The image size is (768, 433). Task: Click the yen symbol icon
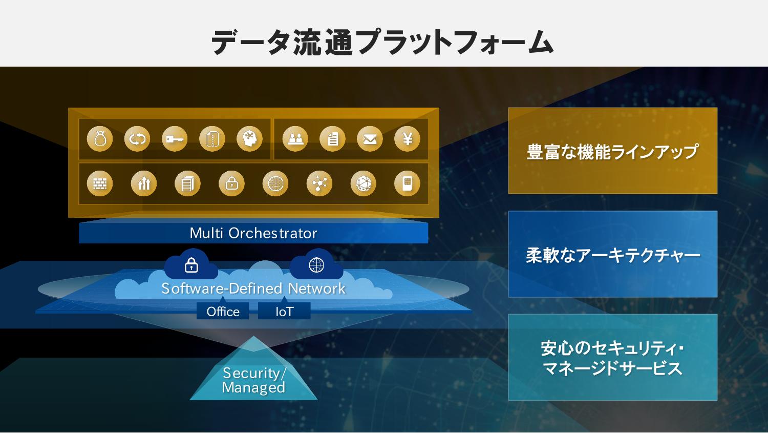(x=408, y=139)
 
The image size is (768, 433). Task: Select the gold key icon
(x=175, y=139)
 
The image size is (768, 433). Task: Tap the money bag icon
(x=100, y=139)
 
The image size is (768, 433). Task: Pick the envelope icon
(x=370, y=139)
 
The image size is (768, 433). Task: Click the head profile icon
(x=250, y=139)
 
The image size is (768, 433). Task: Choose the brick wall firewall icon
(x=100, y=183)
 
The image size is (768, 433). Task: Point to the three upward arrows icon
(x=144, y=183)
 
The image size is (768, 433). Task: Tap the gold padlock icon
(x=232, y=183)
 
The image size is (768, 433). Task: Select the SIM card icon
(x=408, y=183)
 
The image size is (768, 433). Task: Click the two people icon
(x=295, y=139)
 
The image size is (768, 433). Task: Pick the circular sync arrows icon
(x=137, y=139)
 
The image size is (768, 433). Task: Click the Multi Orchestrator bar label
(x=253, y=233)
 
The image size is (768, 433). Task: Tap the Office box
(x=223, y=311)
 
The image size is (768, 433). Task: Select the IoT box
(x=284, y=311)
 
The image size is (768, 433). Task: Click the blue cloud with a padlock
(x=191, y=265)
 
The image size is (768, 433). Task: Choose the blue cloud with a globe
(x=316, y=265)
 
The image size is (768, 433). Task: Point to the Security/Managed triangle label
(x=254, y=380)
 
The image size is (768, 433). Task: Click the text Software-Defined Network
(x=253, y=288)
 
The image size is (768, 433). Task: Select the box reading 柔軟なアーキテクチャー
(x=613, y=254)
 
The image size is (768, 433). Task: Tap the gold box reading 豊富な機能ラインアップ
(x=613, y=151)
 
